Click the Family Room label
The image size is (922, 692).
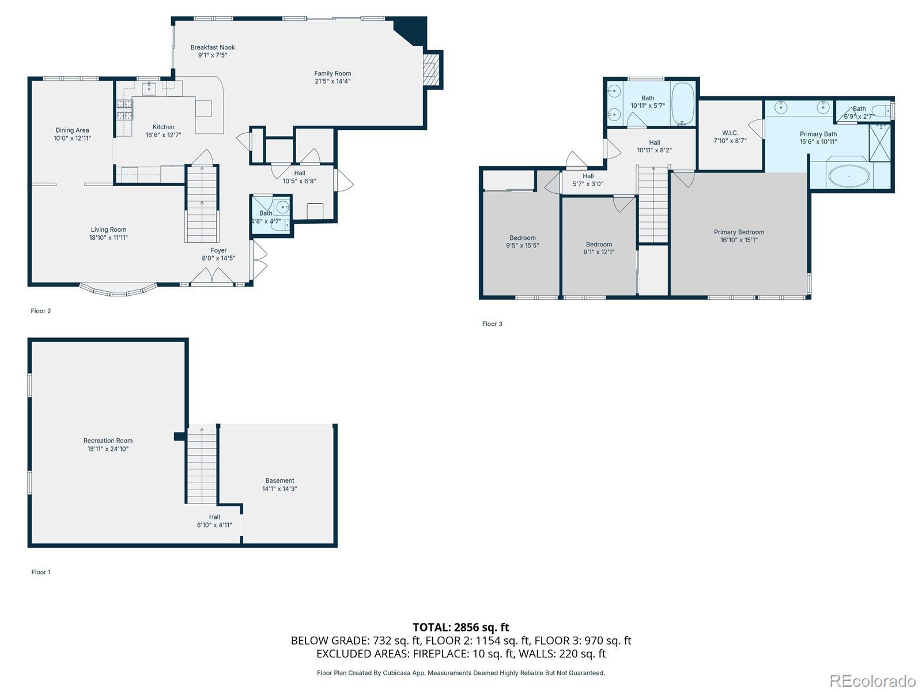point(332,73)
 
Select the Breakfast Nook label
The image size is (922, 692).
point(213,47)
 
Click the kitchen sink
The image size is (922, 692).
point(149,89)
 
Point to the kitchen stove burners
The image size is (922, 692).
point(124,110)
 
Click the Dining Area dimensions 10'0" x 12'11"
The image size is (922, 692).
point(72,138)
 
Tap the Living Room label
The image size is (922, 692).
point(108,230)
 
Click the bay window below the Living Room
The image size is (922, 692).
point(118,290)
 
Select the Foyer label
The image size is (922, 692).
point(218,250)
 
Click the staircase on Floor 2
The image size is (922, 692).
point(202,204)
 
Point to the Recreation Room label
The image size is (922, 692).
point(108,441)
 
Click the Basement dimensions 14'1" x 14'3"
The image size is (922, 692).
point(279,488)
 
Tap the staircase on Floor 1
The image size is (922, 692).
point(202,465)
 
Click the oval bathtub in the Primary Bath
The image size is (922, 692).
point(849,176)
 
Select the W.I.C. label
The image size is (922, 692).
point(730,133)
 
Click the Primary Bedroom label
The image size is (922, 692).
point(739,232)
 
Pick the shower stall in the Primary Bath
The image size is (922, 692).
point(879,143)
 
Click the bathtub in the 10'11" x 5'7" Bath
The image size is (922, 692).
point(683,103)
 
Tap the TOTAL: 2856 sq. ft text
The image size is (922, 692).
point(461,627)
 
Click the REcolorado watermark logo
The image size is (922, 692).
point(873,680)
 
